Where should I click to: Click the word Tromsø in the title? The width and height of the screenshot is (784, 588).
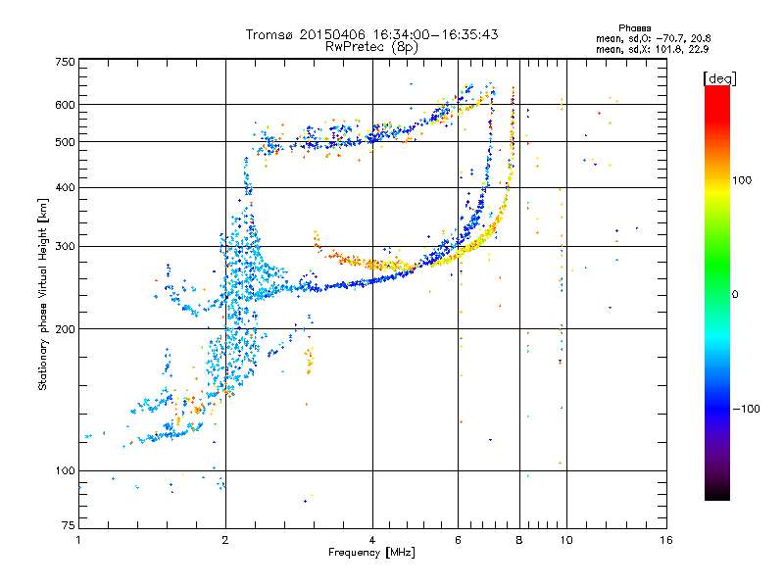point(270,34)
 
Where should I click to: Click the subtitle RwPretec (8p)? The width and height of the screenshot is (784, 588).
point(371,47)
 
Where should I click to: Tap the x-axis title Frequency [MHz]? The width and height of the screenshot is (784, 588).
point(371,553)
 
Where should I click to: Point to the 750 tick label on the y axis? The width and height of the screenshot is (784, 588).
point(65,62)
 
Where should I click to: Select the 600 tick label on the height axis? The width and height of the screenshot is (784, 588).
point(65,105)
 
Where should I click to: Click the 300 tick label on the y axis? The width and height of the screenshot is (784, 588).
point(65,247)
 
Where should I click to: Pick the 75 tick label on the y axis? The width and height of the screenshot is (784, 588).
point(69,525)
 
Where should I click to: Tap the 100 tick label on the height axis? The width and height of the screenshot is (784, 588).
point(65,470)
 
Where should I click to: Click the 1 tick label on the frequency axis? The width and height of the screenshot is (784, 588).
point(79,540)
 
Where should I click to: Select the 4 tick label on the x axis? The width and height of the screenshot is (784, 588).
point(372,540)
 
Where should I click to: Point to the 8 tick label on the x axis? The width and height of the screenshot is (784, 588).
point(519,540)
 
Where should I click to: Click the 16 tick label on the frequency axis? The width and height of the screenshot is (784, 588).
point(666,540)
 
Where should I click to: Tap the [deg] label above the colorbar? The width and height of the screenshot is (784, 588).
point(719,78)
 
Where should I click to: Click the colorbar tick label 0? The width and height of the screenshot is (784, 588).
point(735,295)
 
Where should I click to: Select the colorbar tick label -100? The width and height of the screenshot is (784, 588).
point(746,409)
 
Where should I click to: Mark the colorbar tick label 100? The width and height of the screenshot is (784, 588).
point(742,180)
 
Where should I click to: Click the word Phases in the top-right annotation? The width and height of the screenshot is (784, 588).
point(634,28)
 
